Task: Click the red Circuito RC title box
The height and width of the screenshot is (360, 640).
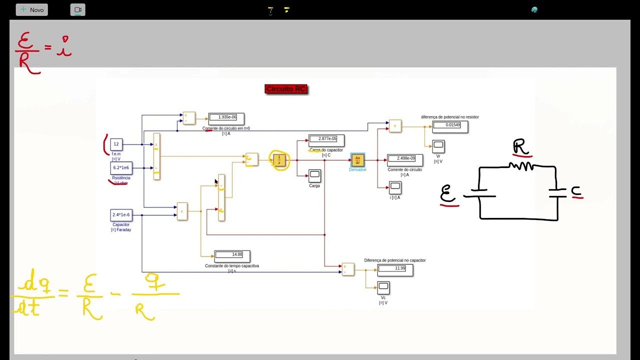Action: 286,89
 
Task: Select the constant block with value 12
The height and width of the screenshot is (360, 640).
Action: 116,144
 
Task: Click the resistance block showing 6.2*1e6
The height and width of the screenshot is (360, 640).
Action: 121,167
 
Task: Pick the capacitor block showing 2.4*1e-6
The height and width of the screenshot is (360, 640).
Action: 121,215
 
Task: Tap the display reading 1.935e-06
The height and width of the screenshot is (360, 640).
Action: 226,117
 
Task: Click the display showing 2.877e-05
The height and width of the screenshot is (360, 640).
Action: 326,139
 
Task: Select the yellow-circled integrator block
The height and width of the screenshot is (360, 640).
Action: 279,160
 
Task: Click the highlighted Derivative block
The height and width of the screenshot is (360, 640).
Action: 357,160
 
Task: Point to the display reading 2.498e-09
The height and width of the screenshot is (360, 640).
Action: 404,158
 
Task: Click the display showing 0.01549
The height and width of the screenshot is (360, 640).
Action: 450,125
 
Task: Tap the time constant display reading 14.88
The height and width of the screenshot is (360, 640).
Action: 232,255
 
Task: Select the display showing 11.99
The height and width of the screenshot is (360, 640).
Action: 395,269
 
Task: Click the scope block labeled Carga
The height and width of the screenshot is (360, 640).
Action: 314,176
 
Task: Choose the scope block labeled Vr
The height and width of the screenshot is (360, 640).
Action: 438,146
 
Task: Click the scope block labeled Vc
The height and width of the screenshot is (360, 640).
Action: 383,287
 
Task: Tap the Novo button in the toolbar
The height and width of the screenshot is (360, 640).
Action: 32,10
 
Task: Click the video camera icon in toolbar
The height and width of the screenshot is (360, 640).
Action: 77,10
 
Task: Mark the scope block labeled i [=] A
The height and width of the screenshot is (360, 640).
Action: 395,187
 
